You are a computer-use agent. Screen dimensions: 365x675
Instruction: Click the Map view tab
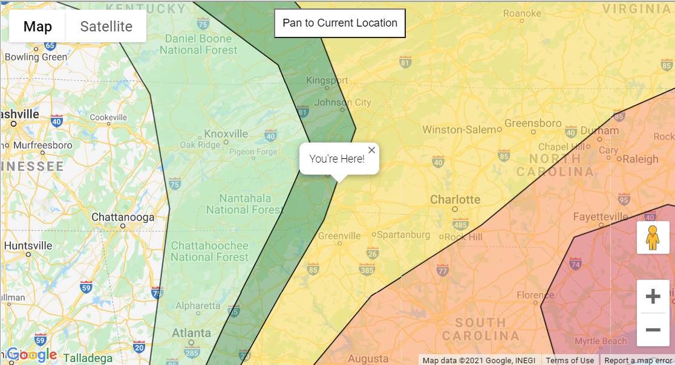[37, 27]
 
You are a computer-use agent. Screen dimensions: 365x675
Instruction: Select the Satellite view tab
[106, 27]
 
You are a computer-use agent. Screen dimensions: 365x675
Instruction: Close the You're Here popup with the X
[371, 150]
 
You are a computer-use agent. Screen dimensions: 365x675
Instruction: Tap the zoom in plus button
[653, 297]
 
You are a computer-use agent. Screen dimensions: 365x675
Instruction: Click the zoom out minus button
[653, 330]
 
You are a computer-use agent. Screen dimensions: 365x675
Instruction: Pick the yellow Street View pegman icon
[653, 237]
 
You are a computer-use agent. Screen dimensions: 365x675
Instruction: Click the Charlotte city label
[455, 199]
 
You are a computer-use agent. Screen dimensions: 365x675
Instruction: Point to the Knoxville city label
[226, 134]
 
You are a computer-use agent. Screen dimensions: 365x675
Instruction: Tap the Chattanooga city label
[123, 217]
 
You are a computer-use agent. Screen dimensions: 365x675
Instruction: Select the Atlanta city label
[191, 333]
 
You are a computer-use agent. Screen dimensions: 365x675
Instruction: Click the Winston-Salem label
[459, 130]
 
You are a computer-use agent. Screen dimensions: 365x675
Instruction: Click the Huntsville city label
[28, 246]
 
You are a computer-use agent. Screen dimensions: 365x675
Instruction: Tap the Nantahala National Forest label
[244, 204]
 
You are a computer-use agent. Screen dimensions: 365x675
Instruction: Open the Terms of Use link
[570, 361]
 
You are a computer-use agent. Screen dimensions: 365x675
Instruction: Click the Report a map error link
[637, 361]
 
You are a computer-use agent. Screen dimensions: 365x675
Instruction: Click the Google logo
[31, 355]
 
